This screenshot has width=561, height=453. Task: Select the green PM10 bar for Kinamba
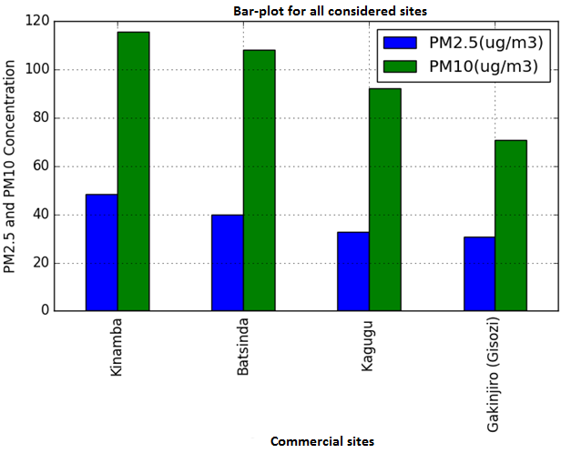point(133,172)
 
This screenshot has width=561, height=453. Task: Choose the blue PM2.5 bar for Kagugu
point(353,271)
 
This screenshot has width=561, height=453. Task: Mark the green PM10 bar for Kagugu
point(385,199)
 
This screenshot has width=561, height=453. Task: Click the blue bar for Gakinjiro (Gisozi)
point(479,274)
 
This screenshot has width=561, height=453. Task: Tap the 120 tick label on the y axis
point(36,21)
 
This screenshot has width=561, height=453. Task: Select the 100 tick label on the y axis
point(36,70)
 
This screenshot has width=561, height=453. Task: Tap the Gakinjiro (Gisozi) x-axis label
point(495,375)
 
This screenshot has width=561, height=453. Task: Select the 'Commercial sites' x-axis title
point(322,441)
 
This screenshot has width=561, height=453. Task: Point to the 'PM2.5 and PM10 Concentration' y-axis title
point(11,168)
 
